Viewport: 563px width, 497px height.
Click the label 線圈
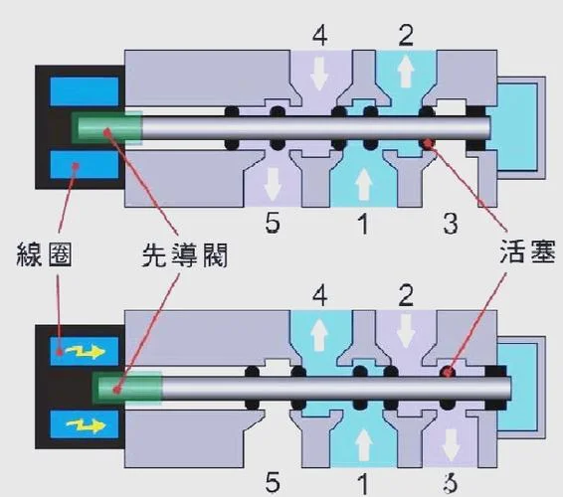click(44, 254)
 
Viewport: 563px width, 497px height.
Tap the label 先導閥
click(185, 254)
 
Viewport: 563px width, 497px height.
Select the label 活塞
click(527, 250)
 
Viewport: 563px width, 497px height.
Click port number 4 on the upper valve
click(319, 36)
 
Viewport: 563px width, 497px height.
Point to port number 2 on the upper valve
click(406, 35)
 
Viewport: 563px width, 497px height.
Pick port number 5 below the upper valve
click(273, 223)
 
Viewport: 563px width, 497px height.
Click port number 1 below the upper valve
click(363, 223)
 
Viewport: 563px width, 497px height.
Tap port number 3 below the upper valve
click(451, 223)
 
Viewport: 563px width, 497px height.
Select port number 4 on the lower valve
click(319, 296)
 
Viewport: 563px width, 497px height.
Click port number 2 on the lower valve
click(406, 295)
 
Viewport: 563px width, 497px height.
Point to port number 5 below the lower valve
click(273, 482)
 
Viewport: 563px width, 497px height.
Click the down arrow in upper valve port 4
click(319, 74)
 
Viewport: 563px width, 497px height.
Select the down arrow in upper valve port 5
click(273, 184)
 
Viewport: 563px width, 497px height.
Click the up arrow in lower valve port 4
click(319, 335)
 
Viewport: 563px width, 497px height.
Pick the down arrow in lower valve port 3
click(451, 445)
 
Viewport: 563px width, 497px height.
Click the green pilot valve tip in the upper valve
click(106, 127)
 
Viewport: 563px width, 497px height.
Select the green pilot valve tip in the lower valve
click(126, 389)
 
